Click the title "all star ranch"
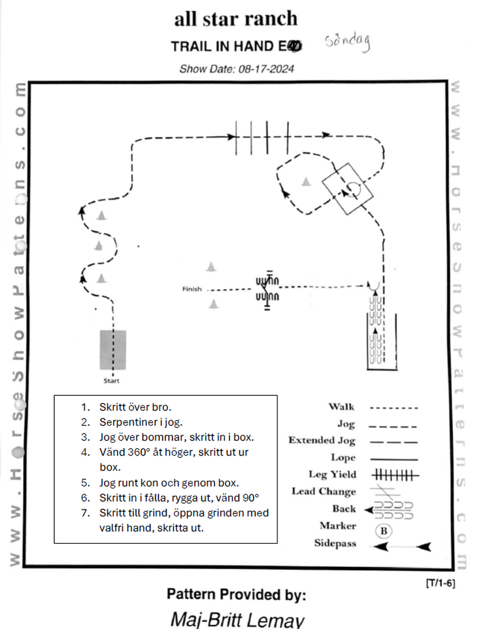236,18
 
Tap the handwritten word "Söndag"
348,41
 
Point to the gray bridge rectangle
113,350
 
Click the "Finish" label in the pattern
192,289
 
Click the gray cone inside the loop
306,181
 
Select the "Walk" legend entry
342,407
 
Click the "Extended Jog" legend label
321,440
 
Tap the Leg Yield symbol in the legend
394,474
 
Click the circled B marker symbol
384,530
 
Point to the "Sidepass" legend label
335,543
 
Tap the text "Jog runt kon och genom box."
169,483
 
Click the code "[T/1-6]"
440,583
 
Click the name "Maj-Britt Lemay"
236,619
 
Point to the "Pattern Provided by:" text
236,594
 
